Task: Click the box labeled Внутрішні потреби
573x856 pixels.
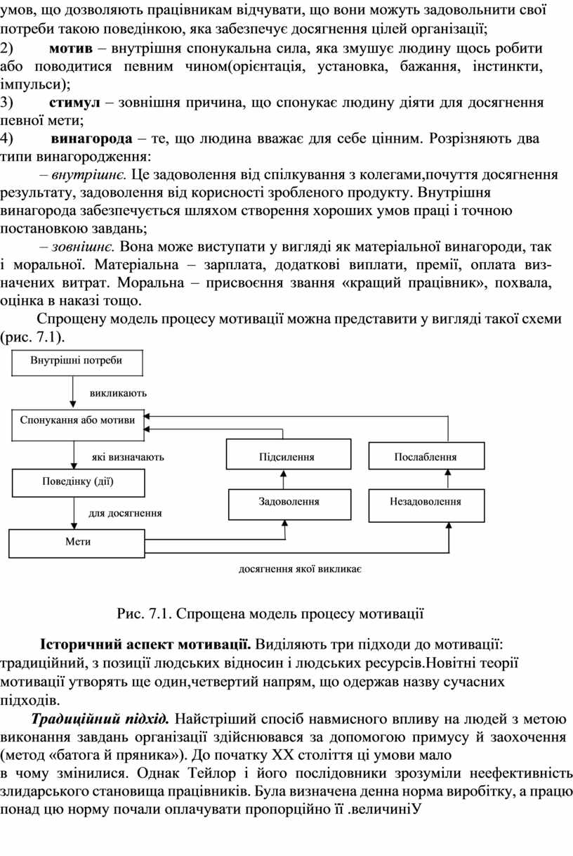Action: click(77, 361)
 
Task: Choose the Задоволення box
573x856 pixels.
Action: click(289, 501)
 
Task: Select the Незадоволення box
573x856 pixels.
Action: click(426, 501)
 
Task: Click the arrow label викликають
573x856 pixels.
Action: click(118, 394)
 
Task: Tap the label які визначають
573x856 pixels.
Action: click(128, 457)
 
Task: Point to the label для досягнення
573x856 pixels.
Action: click(125, 513)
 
